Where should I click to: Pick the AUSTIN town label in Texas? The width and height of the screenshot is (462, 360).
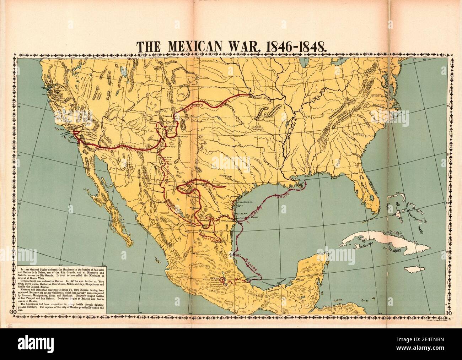225,176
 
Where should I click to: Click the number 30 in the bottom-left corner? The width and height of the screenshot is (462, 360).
13,312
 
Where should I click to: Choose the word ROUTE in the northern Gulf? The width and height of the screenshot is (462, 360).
283,196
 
